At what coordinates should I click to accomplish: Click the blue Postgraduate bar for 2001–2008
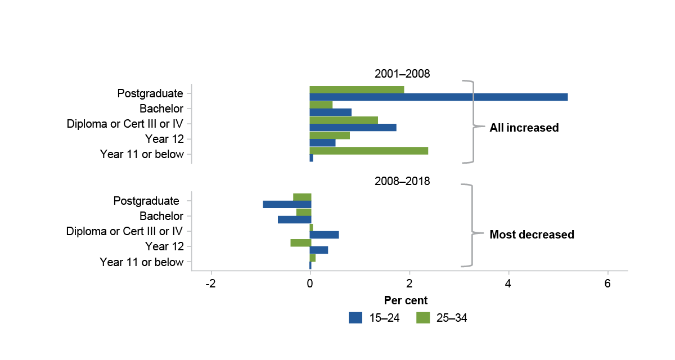439,97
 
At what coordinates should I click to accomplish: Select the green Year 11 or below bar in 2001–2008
368,150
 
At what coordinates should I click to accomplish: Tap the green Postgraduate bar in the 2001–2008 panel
357,89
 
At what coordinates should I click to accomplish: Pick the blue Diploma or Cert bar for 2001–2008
353,127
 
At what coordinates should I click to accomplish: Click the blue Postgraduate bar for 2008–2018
287,204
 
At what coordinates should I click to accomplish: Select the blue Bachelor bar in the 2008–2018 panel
294,219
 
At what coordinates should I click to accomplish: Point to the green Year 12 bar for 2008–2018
300,242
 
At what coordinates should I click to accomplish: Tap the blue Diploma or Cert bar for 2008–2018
324,235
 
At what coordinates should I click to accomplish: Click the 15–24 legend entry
374,318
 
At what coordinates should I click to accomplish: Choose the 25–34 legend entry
442,318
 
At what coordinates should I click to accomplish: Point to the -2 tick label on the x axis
211,283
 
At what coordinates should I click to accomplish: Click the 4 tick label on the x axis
508,283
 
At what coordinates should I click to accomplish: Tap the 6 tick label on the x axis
607,283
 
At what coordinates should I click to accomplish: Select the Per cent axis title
406,300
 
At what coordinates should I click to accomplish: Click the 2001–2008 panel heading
402,73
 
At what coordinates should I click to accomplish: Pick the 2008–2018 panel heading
402,182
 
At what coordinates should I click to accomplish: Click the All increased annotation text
524,128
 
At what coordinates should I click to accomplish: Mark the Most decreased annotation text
532,235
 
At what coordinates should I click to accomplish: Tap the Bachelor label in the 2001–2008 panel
161,109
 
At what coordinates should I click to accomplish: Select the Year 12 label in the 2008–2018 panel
164,246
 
